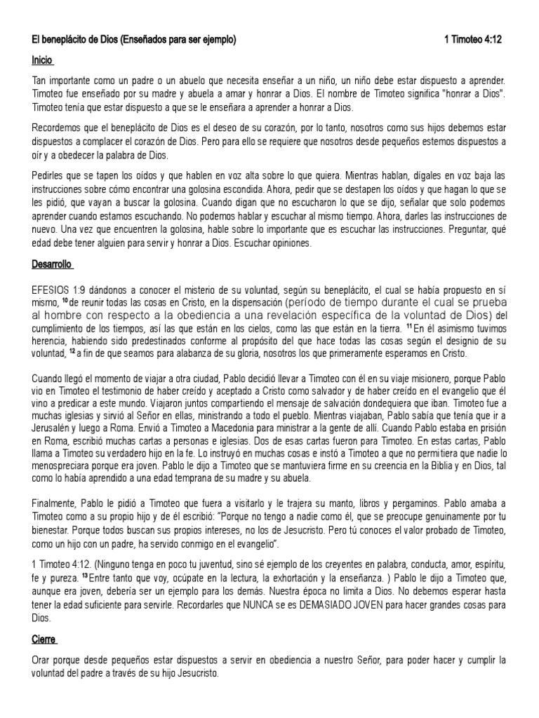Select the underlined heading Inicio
(43, 62)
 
